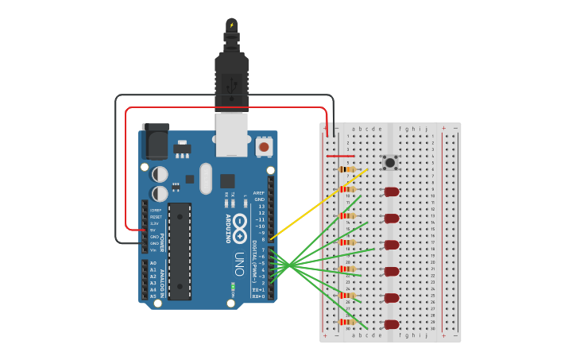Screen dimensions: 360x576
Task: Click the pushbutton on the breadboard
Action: (390, 162)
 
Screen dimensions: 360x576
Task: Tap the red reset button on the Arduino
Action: (263, 147)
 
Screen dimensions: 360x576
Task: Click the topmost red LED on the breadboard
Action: (392, 192)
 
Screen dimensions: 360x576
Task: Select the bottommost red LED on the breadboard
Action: (392, 324)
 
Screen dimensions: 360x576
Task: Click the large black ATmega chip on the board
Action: (180, 251)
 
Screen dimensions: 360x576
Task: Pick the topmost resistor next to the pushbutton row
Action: (347, 169)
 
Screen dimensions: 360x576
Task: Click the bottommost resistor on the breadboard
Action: (347, 322)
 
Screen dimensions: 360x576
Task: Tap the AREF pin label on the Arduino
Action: (259, 193)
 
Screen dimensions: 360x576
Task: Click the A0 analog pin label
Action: (153, 263)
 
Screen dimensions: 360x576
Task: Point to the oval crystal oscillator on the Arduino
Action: (206, 178)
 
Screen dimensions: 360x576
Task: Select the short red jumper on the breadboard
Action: (340, 157)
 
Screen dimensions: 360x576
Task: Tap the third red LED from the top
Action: (392, 245)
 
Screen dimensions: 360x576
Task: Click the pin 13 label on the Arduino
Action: (261, 206)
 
